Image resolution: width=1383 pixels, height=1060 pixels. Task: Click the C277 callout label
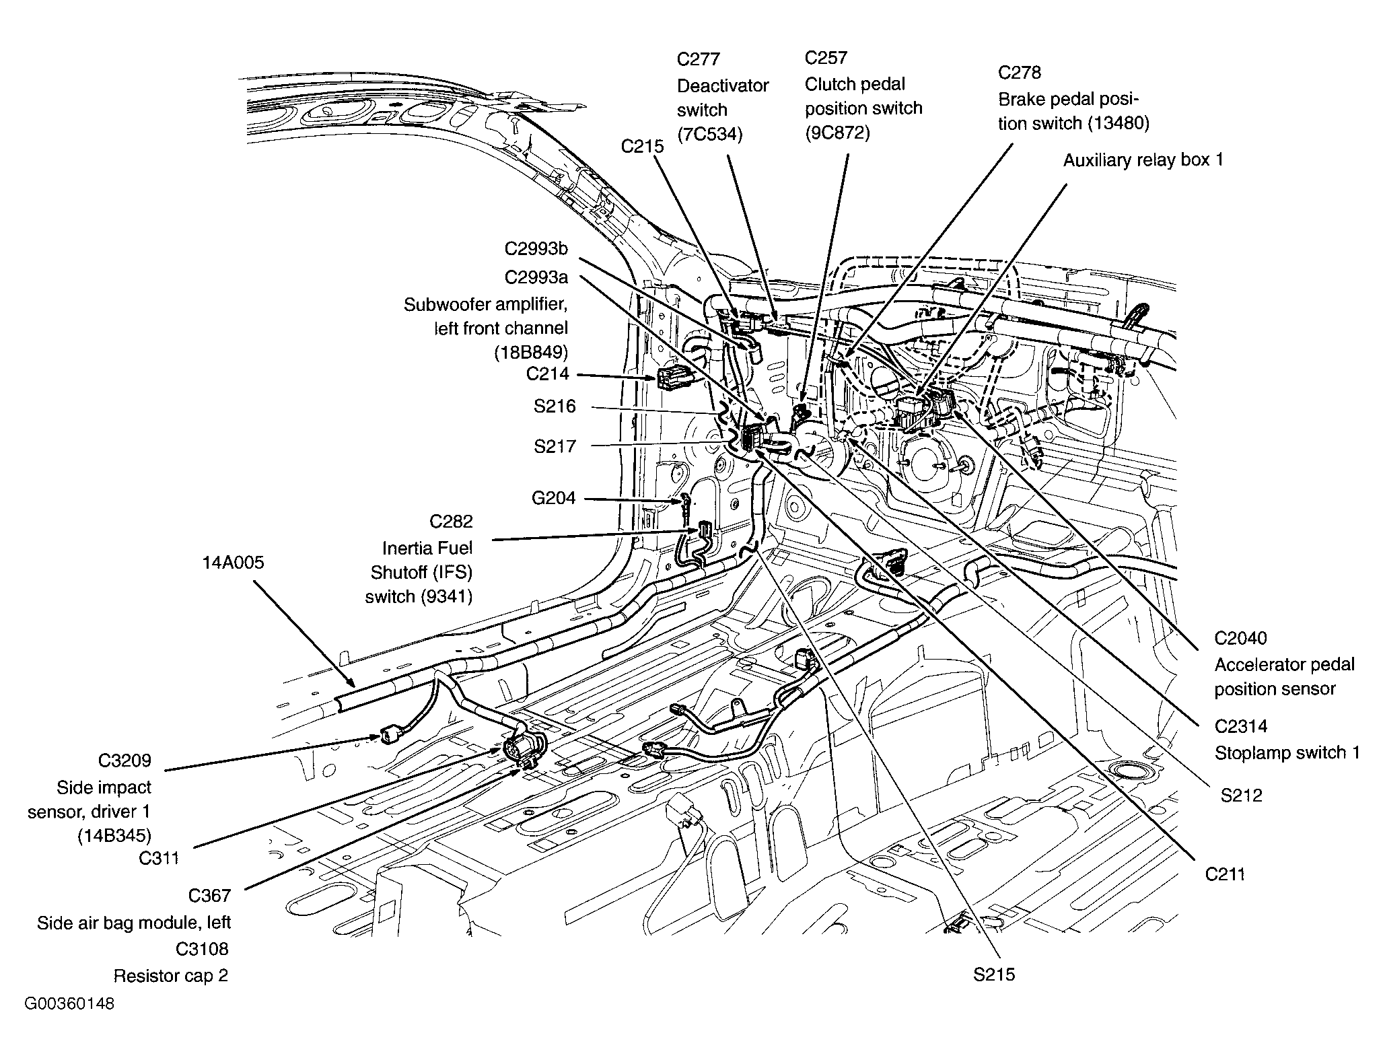point(698,59)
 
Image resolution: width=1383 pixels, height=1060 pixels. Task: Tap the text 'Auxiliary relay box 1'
point(1143,160)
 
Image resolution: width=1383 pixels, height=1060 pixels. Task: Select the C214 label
point(547,374)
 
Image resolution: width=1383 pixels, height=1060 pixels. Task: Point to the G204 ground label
point(553,498)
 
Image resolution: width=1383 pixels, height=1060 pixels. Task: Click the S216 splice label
point(555,407)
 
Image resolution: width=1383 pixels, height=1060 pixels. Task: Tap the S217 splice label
point(555,446)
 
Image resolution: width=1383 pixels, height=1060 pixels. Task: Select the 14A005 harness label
point(234,563)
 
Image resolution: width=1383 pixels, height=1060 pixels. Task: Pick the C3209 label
point(125,761)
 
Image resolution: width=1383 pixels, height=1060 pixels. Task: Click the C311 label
point(159,858)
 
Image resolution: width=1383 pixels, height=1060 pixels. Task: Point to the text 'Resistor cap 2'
point(171,976)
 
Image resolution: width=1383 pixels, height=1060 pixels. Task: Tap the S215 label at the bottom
point(993,975)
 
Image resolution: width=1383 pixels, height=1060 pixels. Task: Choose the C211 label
point(1225,874)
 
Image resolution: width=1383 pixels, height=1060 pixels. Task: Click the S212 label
point(1241,796)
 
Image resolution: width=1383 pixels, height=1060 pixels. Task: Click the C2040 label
point(1240,638)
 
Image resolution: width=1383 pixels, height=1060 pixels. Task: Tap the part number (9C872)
point(837,133)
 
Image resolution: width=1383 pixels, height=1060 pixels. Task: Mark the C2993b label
point(536,249)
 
